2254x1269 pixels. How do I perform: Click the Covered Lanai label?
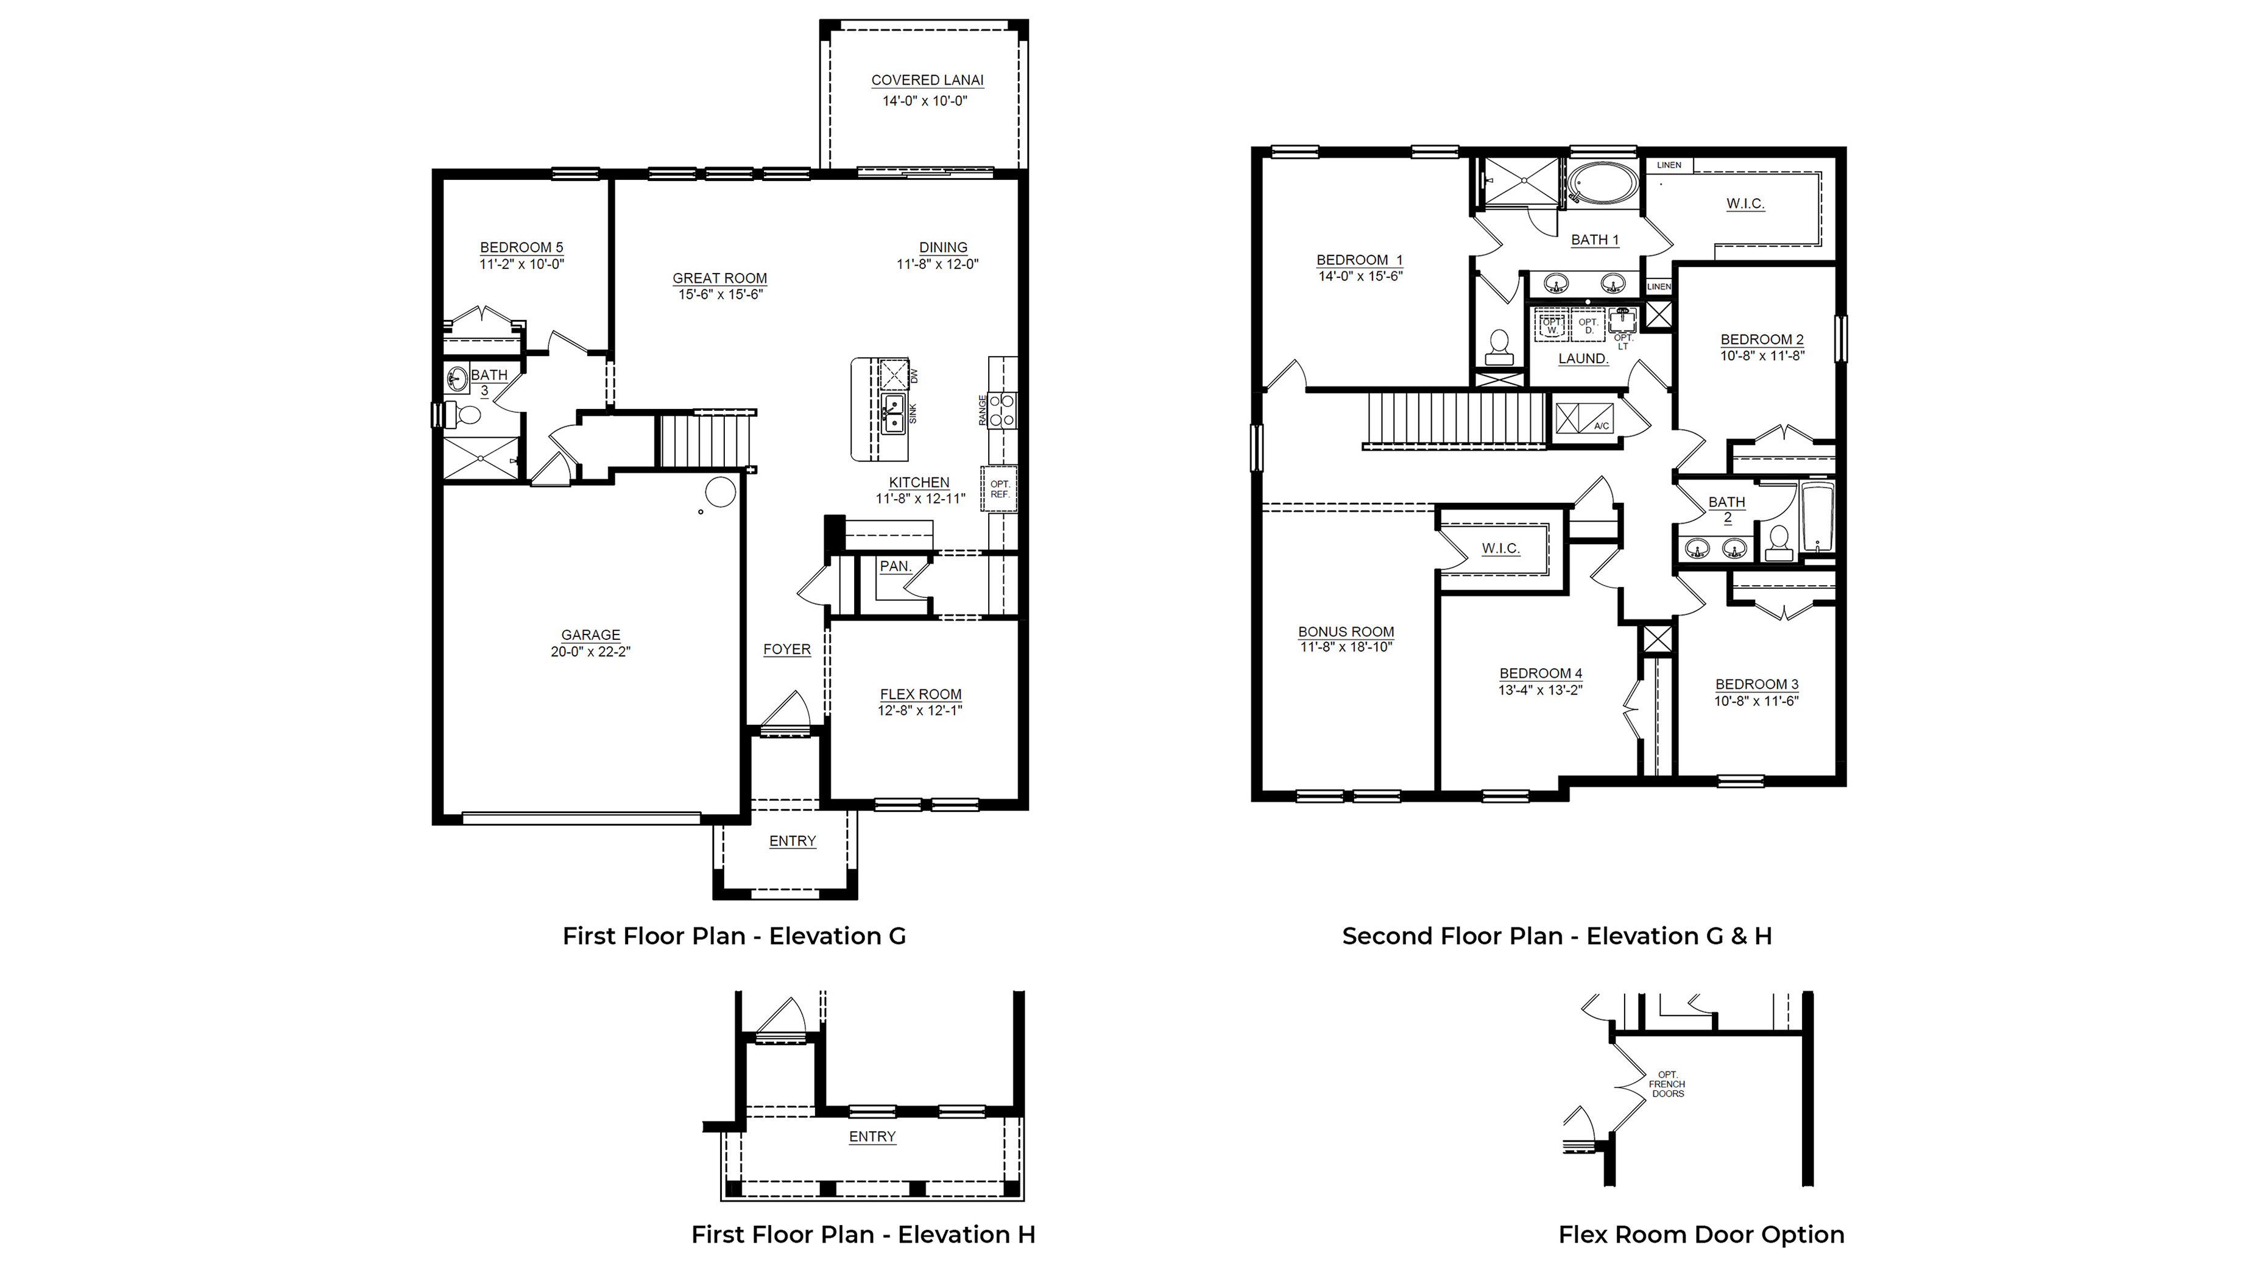[927, 80]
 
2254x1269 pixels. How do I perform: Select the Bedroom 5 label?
[521, 247]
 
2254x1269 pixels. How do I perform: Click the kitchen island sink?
[892, 414]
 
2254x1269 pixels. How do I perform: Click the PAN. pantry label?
[894, 566]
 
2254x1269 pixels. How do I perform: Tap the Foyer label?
[786, 649]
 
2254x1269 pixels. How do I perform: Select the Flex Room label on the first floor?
[920, 694]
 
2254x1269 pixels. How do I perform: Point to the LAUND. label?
[1583, 359]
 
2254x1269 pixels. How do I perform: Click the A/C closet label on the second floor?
[1601, 426]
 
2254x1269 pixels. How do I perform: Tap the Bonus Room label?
[1346, 632]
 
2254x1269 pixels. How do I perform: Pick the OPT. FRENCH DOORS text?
[1667, 1084]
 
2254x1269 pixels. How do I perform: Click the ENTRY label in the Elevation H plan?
[872, 1137]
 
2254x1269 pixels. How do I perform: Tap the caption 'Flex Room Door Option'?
[1701, 1235]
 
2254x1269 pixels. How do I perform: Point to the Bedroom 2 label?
[1761, 339]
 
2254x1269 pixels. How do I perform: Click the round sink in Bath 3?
[457, 380]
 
